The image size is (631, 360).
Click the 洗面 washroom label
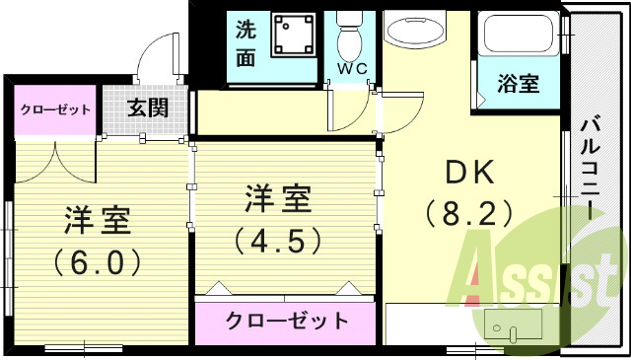[245, 43]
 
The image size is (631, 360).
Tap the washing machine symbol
[293, 37]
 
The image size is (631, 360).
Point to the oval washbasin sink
[414, 33]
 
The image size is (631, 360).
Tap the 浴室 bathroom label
[518, 83]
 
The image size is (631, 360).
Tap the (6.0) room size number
[98, 261]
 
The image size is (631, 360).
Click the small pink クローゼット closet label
[56, 109]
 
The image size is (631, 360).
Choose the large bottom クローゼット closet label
[287, 321]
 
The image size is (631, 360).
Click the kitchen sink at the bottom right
[511, 326]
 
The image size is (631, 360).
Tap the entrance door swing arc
[150, 55]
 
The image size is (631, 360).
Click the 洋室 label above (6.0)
[98, 219]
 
